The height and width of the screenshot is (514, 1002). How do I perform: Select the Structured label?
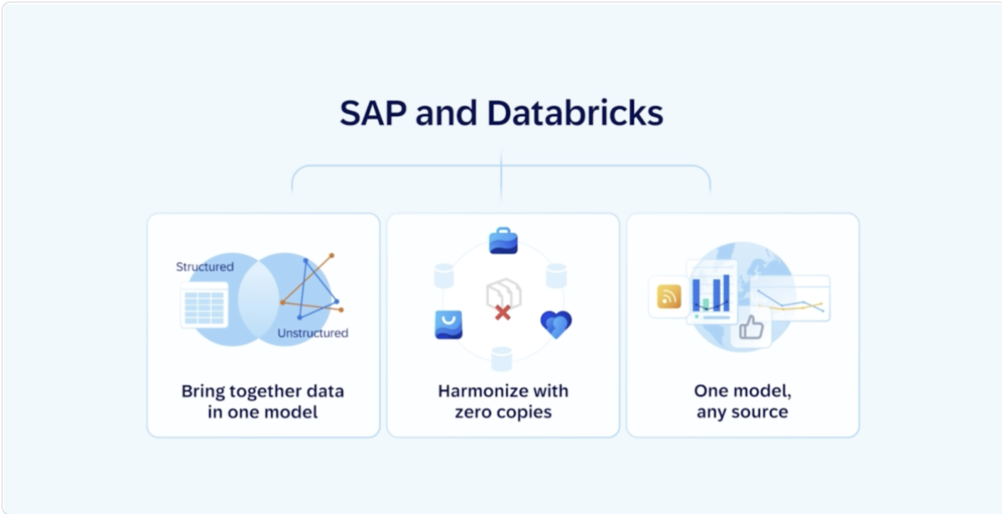(x=204, y=267)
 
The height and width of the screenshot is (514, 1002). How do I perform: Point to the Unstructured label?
(x=312, y=333)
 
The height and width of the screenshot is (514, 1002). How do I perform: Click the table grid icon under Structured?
(x=204, y=305)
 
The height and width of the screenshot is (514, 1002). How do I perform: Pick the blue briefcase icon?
(x=503, y=241)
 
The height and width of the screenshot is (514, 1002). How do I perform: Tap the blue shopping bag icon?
(x=448, y=324)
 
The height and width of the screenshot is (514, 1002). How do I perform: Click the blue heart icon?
(x=556, y=324)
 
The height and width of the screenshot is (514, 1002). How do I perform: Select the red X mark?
(x=502, y=312)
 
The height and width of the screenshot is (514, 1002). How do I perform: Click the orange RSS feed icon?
(x=668, y=296)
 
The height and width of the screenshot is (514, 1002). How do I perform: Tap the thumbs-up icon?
(x=751, y=329)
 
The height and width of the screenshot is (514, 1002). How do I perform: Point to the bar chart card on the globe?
(x=712, y=292)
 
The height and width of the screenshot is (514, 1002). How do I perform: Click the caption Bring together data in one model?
(x=263, y=401)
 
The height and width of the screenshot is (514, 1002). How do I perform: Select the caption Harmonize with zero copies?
(x=503, y=401)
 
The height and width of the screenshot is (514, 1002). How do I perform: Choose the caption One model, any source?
(x=742, y=401)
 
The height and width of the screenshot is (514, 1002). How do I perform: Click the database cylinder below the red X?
(x=502, y=359)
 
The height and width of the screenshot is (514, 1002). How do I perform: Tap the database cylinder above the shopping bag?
(x=444, y=275)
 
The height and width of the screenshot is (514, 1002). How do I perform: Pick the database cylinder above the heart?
(x=556, y=275)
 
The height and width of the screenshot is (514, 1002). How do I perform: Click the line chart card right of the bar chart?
(x=791, y=298)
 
